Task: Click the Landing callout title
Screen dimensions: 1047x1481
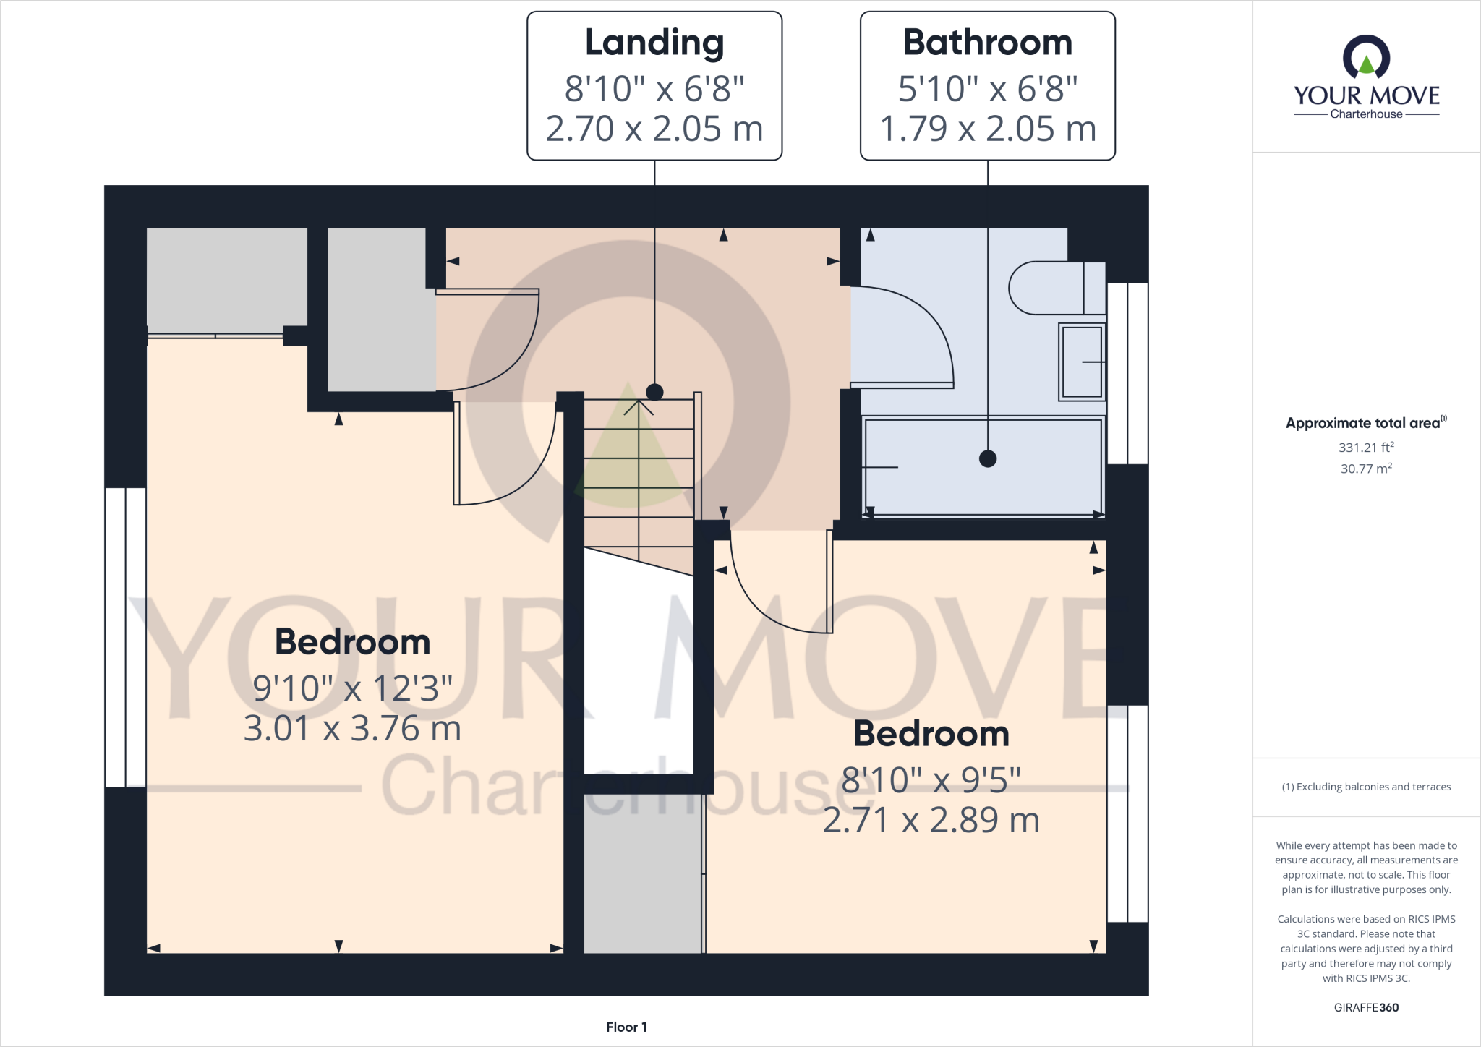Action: [x=654, y=43]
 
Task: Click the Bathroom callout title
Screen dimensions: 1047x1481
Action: [x=987, y=43]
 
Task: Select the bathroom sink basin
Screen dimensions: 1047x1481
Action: [x=1082, y=361]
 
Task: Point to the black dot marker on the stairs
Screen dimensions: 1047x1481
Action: [x=654, y=392]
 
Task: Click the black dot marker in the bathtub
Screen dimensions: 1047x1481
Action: [x=987, y=458]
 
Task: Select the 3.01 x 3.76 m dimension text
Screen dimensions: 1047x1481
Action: [x=352, y=728]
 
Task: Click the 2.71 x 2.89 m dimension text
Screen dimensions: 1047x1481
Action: [x=931, y=820]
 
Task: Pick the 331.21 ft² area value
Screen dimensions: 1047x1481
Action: [x=1365, y=448]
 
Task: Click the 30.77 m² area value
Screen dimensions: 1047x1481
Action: [x=1365, y=469]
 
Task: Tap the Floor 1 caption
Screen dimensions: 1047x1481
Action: [x=626, y=1027]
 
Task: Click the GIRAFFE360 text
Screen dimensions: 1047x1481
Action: [x=1365, y=1007]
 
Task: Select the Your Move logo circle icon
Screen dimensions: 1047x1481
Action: [x=1366, y=58]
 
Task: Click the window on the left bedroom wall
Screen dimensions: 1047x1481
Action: [x=125, y=637]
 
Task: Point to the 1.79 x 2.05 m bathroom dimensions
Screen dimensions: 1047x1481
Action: [x=987, y=129]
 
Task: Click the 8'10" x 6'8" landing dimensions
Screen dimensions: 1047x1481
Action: [x=654, y=89]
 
